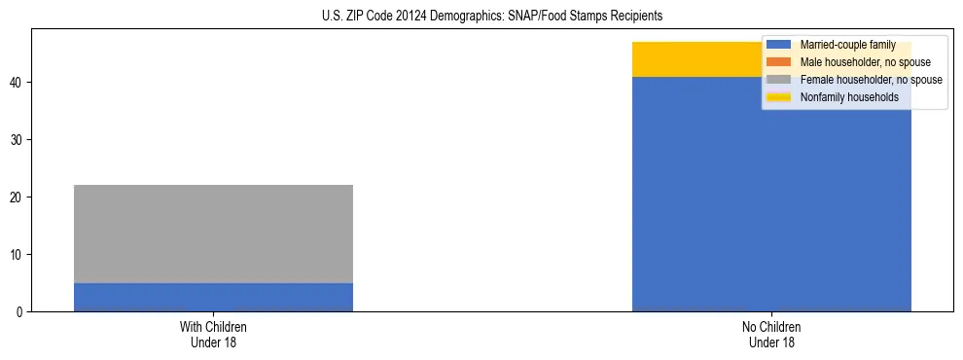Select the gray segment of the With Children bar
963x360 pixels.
(213, 234)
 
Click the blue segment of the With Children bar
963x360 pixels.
(213, 297)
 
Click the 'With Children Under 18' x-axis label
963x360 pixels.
(213, 335)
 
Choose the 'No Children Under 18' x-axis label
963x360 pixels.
(771, 335)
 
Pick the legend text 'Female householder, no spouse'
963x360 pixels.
(871, 80)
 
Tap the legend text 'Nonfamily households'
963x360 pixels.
(849, 97)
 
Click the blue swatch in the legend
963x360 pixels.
(779, 45)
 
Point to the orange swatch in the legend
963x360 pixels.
(779, 62)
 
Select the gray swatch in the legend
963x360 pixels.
(779, 80)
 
